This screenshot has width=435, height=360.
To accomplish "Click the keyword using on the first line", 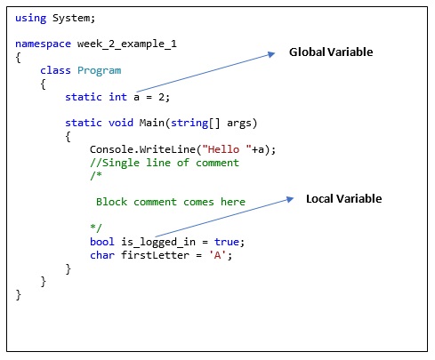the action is click(x=31, y=19).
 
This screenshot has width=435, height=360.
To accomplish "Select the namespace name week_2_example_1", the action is click(x=127, y=44).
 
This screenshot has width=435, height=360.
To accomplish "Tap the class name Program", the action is click(x=100, y=71).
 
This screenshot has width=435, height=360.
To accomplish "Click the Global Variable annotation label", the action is click(x=331, y=52).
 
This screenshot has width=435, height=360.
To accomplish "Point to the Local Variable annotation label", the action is click(x=344, y=198).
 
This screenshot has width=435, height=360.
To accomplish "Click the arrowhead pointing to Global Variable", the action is click(x=271, y=54).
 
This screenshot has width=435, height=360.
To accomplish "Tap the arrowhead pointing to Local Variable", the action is click(x=290, y=199).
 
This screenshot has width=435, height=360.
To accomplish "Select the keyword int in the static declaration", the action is click(x=117, y=97).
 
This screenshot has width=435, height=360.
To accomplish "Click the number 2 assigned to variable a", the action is click(x=161, y=97).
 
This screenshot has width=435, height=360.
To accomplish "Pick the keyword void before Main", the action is click(x=121, y=123).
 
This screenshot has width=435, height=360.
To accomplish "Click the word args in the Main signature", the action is click(x=239, y=124).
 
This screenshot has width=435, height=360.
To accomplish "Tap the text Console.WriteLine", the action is click(x=142, y=149).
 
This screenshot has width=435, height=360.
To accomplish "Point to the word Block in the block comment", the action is click(x=111, y=202).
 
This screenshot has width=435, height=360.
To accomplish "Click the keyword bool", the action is click(x=102, y=242).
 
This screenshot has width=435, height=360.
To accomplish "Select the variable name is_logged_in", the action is click(x=158, y=242).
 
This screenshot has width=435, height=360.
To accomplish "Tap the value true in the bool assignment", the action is click(x=227, y=242).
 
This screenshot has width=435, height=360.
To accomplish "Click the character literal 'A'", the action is click(x=217, y=255).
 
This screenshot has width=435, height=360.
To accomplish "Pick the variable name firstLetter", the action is click(x=155, y=255).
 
